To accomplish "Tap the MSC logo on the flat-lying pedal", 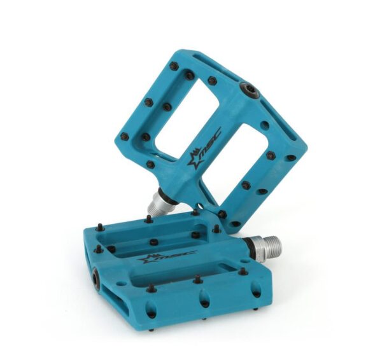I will (168, 258).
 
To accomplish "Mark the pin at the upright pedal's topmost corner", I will (174, 66).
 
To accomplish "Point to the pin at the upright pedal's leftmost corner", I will (125, 136).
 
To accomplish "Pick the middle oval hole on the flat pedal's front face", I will (206, 302).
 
